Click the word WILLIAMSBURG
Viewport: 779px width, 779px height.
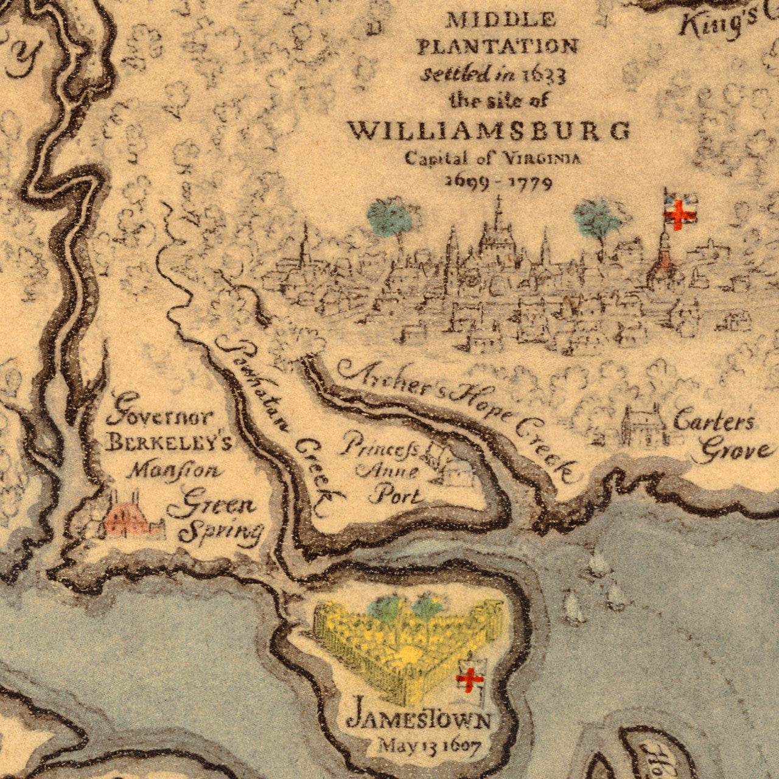(x=489, y=131)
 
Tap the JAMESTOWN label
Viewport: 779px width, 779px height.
(x=419, y=721)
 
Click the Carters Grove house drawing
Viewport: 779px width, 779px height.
(x=643, y=425)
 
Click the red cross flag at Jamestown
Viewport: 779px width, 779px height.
(x=470, y=677)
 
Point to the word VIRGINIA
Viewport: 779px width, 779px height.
(x=542, y=158)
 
